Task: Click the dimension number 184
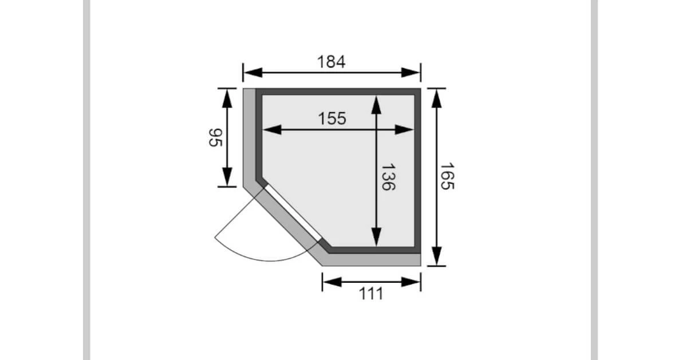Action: (331, 62)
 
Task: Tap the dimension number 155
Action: (332, 118)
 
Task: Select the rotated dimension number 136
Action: (388, 177)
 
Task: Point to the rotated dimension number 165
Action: (447, 176)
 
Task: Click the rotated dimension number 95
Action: (215, 138)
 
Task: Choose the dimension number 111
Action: (371, 294)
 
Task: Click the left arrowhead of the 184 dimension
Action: (253, 73)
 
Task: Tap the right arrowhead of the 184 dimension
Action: (410, 73)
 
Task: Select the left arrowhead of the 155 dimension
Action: (273, 130)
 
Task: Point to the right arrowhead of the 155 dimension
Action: (404, 130)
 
